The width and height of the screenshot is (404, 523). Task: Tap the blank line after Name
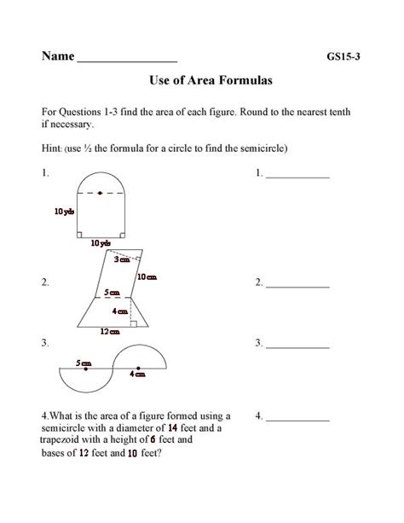tap(128, 62)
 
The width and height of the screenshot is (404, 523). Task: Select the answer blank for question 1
tap(297, 176)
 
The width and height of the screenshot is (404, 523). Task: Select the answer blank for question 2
tap(297, 285)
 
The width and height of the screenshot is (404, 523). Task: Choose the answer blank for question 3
tap(297, 346)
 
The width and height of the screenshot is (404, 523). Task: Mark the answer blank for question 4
tap(297, 420)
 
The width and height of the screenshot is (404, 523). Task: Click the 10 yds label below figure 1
tap(101, 244)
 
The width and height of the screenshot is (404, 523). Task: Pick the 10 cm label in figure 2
tap(147, 276)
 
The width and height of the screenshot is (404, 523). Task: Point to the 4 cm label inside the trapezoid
tap(118, 312)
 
